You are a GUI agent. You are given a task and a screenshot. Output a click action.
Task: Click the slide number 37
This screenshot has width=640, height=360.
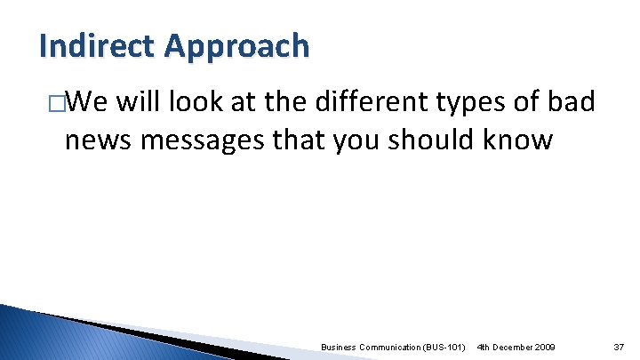619,345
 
